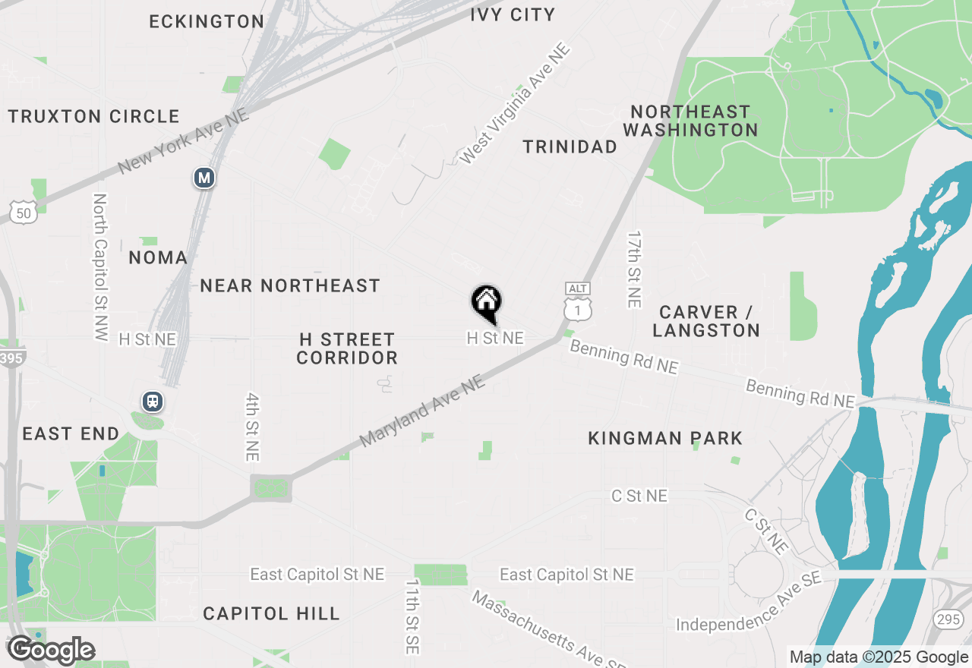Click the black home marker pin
(486, 303)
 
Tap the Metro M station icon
(204, 178)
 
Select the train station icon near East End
(153, 402)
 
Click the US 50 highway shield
(24, 213)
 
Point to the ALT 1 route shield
(577, 301)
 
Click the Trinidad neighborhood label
(570, 147)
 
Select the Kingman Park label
(665, 438)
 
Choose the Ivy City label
(513, 14)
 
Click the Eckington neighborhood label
(207, 21)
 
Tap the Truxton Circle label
(94, 116)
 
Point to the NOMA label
(158, 257)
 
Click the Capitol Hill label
(271, 613)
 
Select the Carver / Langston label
(706, 321)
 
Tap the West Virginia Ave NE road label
(514, 104)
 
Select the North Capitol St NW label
(99, 266)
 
